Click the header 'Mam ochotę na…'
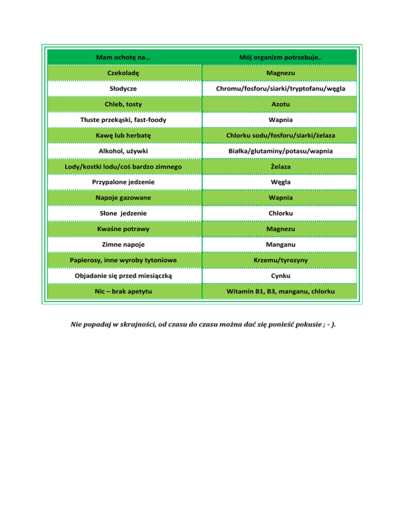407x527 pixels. [x=123, y=57]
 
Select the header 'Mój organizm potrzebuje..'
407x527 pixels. [x=281, y=57]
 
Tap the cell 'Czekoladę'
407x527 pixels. [x=123, y=73]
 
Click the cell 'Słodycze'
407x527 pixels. [x=123, y=89]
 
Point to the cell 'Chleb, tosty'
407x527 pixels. [x=123, y=104]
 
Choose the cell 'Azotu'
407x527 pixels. [x=281, y=104]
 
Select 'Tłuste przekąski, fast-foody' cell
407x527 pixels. [x=123, y=120]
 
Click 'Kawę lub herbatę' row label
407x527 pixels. [x=123, y=136]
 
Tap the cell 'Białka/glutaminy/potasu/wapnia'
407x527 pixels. [x=281, y=151]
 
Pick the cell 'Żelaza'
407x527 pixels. [x=281, y=167]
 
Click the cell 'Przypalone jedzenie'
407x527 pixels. [x=123, y=182]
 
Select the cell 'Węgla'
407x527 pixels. [x=281, y=182]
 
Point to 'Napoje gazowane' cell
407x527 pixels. [x=123, y=198]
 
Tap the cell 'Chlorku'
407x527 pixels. [x=281, y=213]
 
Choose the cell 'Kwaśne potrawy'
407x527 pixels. [x=123, y=229]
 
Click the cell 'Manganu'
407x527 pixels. [x=281, y=245]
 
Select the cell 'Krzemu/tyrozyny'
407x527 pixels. [x=281, y=260]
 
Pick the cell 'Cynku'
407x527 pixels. [x=281, y=276]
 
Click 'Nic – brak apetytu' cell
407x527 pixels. [x=123, y=292]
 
